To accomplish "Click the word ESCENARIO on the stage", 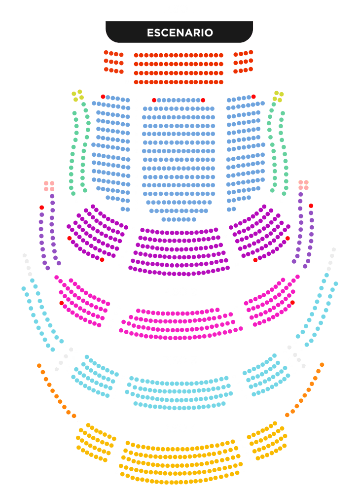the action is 180,33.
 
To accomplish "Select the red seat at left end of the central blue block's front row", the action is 154,100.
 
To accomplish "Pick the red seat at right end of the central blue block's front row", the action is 203,100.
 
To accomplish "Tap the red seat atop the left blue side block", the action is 103,97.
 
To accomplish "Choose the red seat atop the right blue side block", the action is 253,97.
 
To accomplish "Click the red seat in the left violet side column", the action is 42,208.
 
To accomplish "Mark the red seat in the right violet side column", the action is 311,206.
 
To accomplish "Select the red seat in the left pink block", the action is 62,303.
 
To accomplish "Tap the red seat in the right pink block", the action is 292,303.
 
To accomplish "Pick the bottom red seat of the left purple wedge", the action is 102,259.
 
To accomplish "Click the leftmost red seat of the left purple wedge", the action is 69,238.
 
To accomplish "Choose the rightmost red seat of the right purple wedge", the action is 288,238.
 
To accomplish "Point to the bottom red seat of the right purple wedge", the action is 255,260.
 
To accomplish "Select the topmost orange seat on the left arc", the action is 39,365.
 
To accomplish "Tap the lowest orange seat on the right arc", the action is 287,415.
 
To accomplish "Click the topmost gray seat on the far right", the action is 334,249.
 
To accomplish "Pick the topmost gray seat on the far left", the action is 25,256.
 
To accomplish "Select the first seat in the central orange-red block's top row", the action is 136,55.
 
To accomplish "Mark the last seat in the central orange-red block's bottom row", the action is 221,82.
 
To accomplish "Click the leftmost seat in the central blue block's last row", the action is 164,219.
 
